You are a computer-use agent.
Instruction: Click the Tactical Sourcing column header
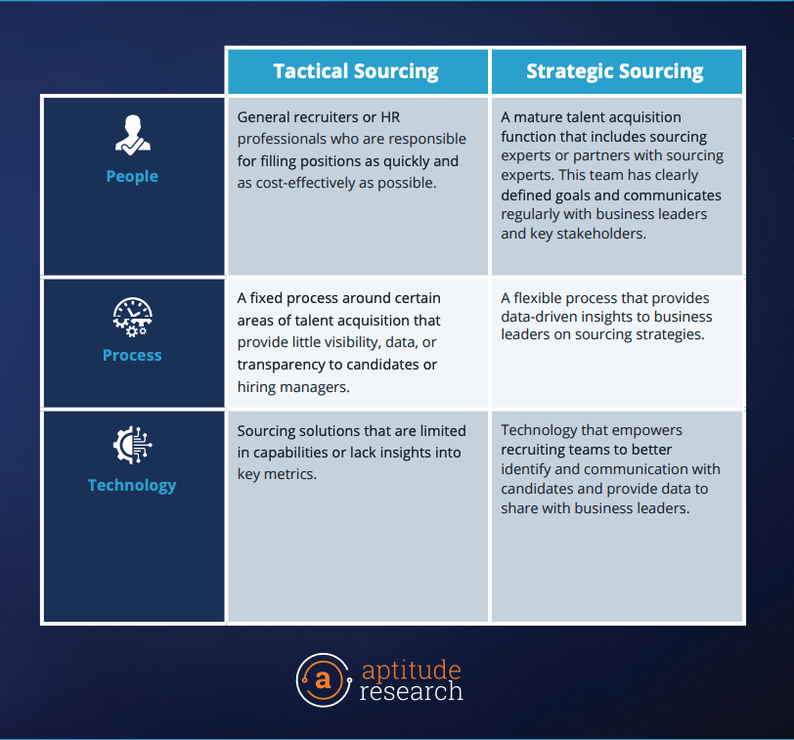click(356, 71)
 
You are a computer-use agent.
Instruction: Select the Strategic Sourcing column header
click(615, 71)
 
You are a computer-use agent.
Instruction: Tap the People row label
click(132, 177)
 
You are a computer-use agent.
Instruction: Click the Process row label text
click(132, 355)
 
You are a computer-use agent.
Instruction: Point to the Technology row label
click(132, 486)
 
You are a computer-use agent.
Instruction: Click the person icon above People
click(133, 135)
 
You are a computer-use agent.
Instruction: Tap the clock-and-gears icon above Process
click(133, 318)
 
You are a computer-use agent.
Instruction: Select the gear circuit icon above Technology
click(133, 445)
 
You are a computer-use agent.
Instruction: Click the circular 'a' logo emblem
click(324, 680)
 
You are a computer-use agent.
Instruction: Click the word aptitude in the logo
click(411, 671)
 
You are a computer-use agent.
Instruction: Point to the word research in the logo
click(411, 691)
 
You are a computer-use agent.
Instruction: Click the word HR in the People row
click(390, 117)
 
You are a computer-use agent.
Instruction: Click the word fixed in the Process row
click(266, 298)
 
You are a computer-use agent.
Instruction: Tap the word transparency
click(281, 365)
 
